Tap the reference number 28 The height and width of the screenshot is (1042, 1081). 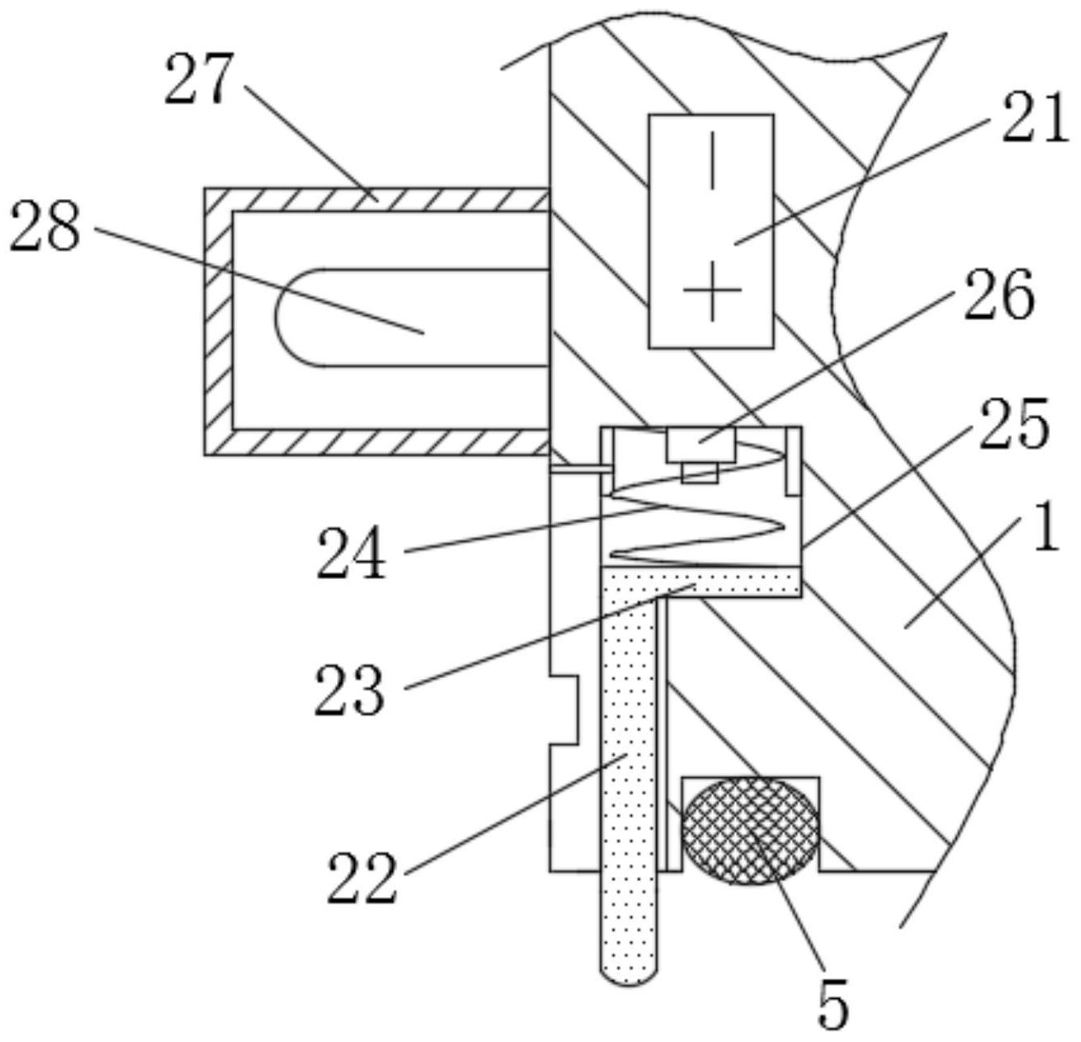pos(45,227)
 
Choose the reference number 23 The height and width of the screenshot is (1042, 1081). pos(349,690)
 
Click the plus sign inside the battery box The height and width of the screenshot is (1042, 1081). pos(712,290)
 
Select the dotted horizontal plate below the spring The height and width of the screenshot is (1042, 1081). pos(700,582)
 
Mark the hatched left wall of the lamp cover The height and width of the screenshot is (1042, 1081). pos(218,322)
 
